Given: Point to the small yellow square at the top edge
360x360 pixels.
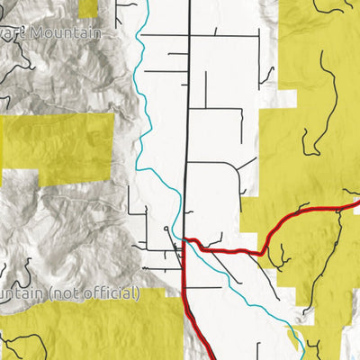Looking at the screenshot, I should coord(88,7).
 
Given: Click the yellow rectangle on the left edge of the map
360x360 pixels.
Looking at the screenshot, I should coord(54,144).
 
